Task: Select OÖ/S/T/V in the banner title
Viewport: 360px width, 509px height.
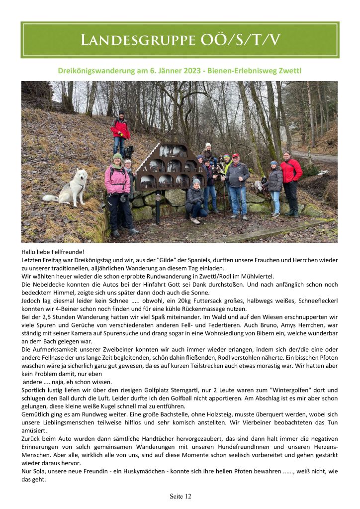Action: click(x=238, y=41)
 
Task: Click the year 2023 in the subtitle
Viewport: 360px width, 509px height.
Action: click(x=186, y=71)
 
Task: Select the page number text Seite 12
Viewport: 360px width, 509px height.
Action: click(x=180, y=496)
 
